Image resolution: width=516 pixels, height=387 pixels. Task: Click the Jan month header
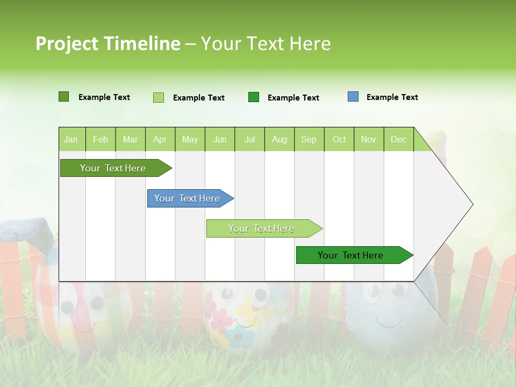(x=71, y=139)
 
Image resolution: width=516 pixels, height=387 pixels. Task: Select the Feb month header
(x=101, y=139)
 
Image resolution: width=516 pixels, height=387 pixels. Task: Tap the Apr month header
(x=160, y=139)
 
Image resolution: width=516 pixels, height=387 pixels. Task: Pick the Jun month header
(x=220, y=139)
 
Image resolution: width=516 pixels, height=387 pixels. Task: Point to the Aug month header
(x=279, y=139)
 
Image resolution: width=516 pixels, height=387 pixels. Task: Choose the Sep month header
(x=309, y=139)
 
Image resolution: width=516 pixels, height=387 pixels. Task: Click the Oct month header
(x=339, y=139)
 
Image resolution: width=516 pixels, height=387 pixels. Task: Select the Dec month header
(x=398, y=139)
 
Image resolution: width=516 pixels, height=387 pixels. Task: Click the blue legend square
(x=353, y=97)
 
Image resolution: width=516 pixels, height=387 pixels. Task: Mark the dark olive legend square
(x=64, y=97)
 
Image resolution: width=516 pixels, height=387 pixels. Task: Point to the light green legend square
(x=159, y=97)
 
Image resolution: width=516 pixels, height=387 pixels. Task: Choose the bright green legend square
(x=254, y=97)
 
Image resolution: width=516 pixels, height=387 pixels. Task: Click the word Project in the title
(x=67, y=44)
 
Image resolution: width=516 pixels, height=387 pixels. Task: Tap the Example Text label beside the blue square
(x=392, y=97)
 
